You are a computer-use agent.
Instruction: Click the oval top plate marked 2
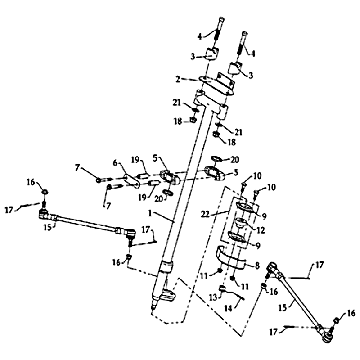pos(216,85)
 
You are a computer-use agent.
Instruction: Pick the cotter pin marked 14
pos(236,295)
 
